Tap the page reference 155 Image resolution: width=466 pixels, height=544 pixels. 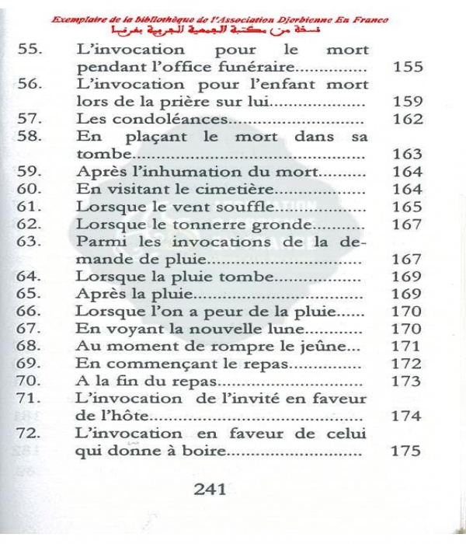coord(409,67)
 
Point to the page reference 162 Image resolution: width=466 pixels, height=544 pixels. coord(409,120)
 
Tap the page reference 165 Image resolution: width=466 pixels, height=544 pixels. coord(409,207)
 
